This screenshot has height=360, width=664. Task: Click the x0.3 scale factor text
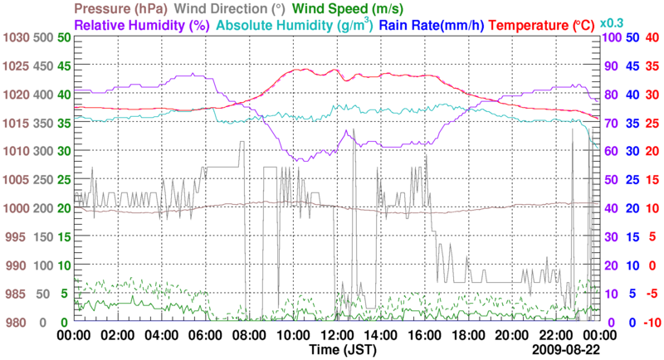[612, 22]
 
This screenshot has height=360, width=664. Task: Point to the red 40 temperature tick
[652, 37]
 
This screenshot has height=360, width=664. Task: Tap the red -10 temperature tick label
[651, 322]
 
